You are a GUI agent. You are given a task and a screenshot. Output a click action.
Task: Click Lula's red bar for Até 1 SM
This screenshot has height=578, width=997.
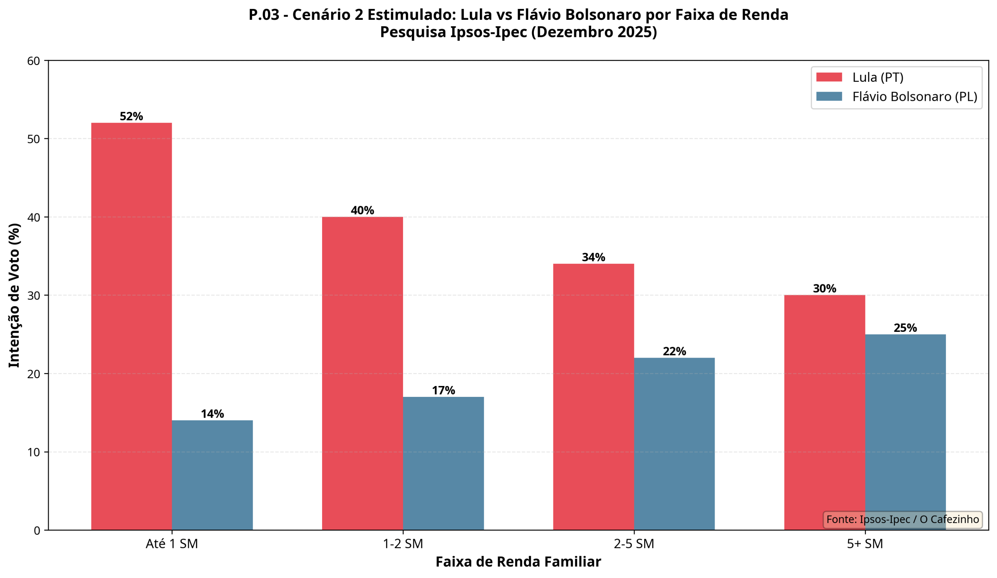tap(131, 326)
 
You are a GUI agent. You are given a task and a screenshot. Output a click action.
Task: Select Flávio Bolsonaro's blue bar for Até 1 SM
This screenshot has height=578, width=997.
tap(213, 475)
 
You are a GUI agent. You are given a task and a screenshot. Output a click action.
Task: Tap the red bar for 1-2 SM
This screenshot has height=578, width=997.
tap(363, 374)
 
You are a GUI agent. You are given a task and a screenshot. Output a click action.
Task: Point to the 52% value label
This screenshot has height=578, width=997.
tap(131, 116)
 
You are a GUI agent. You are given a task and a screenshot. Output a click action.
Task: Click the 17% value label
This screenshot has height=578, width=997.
tap(443, 391)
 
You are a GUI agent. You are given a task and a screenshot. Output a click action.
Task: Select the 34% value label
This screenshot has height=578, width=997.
tap(594, 257)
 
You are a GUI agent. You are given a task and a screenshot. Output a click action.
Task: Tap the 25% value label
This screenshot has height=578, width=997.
tap(905, 328)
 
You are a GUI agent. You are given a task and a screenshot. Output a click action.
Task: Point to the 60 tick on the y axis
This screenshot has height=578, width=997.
tap(33, 61)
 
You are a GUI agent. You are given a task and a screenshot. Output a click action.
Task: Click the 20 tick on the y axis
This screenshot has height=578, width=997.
tap(33, 374)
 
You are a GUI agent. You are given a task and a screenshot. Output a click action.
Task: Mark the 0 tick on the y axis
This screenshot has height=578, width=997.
tap(37, 530)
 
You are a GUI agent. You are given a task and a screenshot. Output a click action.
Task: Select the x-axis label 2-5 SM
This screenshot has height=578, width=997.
tap(634, 544)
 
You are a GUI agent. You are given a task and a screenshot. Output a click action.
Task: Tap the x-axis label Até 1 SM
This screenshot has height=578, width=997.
tap(172, 544)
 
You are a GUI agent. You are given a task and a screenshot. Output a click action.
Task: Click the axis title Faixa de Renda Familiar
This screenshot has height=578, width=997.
tap(518, 562)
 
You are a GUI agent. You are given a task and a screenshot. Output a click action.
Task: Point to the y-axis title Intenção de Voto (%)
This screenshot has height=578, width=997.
tap(14, 295)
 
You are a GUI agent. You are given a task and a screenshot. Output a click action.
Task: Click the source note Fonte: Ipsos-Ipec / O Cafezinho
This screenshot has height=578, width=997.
tap(902, 520)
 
